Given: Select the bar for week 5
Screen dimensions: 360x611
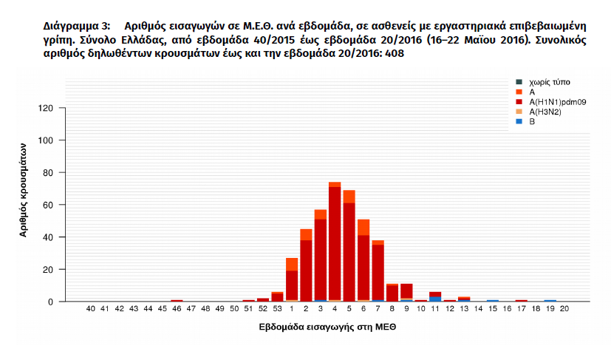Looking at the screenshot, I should pyautogui.click(x=349, y=248).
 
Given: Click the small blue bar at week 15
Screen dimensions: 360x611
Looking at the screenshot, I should pyautogui.click(x=493, y=301).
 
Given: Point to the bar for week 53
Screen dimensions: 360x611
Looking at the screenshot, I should pyautogui.click(x=277, y=297).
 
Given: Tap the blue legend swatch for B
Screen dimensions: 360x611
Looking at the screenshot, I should pyautogui.click(x=519, y=121).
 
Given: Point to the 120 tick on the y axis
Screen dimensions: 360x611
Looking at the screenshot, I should pyautogui.click(x=48, y=108).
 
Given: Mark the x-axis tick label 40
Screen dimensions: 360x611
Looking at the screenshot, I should pyautogui.click(x=90, y=310).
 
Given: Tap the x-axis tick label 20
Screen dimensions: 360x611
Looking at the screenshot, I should pyautogui.click(x=564, y=310).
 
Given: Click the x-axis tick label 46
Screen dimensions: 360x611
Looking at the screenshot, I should pyautogui.click(x=177, y=310).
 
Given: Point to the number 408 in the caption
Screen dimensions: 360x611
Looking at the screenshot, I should pyautogui.click(x=393, y=54).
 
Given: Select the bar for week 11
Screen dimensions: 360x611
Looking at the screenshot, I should pyautogui.click(x=435, y=296).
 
